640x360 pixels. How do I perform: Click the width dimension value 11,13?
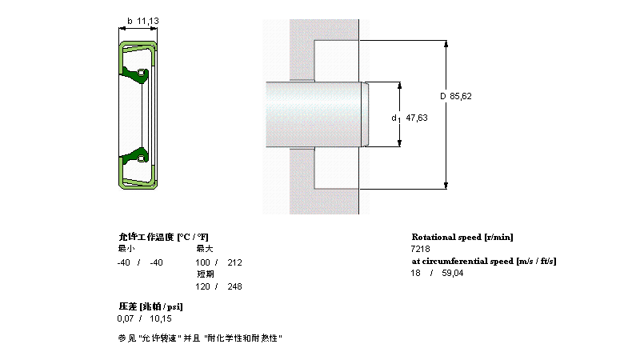coord(147,22)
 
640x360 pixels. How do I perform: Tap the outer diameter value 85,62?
coord(462,96)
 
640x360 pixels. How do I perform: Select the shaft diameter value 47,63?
coord(417,118)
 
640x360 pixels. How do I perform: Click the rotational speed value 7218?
coord(421,250)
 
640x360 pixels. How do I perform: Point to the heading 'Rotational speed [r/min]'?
coord(462,237)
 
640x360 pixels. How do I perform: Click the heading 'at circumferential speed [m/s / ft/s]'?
coord(483,261)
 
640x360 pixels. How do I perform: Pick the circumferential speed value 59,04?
coord(452,274)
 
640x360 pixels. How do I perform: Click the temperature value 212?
coord(234,262)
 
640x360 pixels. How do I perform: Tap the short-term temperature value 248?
coord(234,286)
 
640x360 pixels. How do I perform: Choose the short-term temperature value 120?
coord(203,286)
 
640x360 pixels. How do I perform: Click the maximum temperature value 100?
coord(203,262)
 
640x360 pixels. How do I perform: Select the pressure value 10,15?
coord(160,318)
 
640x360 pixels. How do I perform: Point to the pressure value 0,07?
coord(126,318)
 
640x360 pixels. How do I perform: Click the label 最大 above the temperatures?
coord(205,250)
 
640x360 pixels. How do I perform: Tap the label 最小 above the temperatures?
coord(126,250)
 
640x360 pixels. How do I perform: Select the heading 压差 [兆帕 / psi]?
coord(150,306)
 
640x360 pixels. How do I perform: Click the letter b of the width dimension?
coord(130,22)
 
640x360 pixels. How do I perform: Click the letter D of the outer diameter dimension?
coord(442,96)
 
